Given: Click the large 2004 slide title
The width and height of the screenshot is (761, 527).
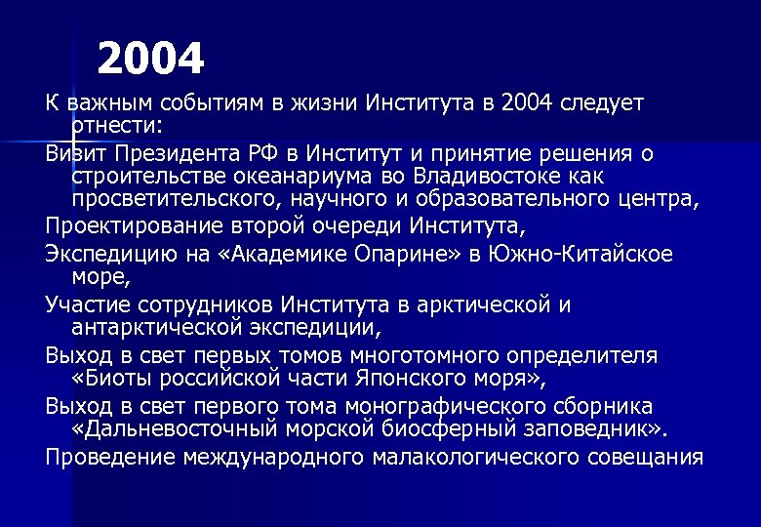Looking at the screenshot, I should pos(151,61).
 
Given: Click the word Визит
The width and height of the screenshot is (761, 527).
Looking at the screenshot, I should pos(76,154).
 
